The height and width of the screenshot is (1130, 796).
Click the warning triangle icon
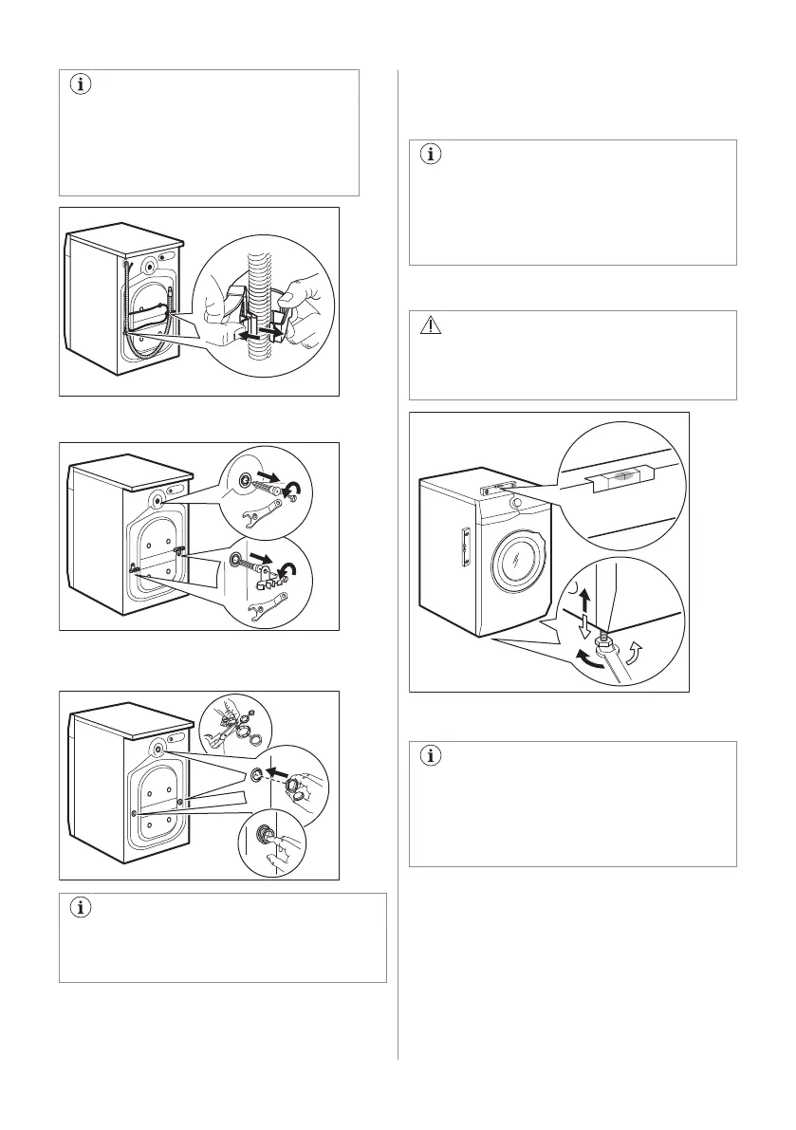tap(431, 325)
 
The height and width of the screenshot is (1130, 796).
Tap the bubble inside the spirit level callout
tap(618, 478)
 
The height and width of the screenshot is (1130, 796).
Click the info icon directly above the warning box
tap(431, 155)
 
